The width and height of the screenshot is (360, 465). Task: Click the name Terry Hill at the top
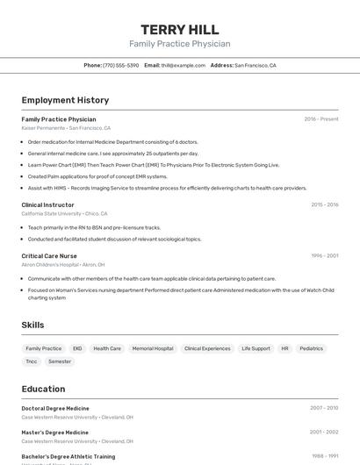click(179, 29)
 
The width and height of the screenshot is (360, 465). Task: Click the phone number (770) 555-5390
click(120, 65)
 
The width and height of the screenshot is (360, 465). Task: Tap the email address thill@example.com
click(176, 65)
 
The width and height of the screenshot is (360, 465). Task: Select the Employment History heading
click(65, 100)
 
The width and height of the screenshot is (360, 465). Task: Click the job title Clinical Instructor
click(47, 204)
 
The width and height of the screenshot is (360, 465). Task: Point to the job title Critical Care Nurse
click(49, 255)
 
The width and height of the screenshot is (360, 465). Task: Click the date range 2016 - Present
click(320, 118)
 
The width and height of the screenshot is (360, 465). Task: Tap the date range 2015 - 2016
click(324, 204)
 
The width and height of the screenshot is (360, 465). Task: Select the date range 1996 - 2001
click(324, 255)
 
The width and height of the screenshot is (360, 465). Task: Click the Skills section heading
click(32, 325)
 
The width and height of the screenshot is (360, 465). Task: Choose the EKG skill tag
click(77, 348)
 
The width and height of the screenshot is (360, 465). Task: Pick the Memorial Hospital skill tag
click(153, 348)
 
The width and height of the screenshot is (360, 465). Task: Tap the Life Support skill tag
click(256, 348)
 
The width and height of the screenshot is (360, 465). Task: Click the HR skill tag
click(284, 348)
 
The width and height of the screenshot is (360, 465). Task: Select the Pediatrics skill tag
click(311, 348)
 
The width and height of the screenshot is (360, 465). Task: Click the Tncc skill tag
click(32, 361)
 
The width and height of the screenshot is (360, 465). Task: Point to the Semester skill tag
click(60, 361)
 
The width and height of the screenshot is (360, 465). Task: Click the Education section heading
click(43, 389)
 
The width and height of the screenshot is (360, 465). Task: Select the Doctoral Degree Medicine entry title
click(55, 408)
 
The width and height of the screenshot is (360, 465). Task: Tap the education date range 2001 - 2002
click(324, 432)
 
